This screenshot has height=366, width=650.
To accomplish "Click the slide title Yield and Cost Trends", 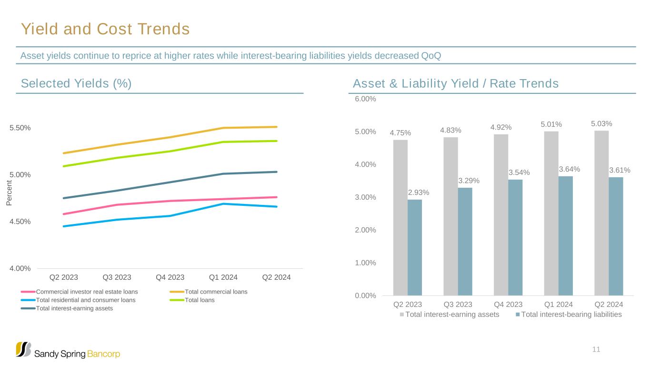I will tap(105, 30).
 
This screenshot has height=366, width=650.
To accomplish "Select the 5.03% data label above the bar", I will tap(601, 124).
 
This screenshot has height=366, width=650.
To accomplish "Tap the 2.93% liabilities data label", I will tap(419, 193).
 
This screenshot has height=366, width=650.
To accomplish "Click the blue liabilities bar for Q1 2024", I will tap(565, 236).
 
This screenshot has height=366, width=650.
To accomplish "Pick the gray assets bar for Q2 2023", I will tap(400, 217).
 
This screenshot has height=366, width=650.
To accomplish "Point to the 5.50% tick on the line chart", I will tap(20, 128).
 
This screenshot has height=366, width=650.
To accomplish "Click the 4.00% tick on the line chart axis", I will tap(20, 268).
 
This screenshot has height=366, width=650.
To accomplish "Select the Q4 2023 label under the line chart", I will tap(170, 277).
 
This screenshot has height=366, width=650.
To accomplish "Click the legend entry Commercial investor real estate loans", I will tap(87, 292).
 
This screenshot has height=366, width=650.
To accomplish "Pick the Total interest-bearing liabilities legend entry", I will tap(571, 315).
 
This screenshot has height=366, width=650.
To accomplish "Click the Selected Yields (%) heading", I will tap(76, 83).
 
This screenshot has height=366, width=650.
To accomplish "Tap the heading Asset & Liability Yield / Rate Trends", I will tap(455, 83).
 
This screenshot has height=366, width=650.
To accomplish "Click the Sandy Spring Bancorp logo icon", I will tap(24, 349).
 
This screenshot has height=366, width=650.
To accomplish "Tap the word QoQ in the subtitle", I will tap(431, 56).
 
